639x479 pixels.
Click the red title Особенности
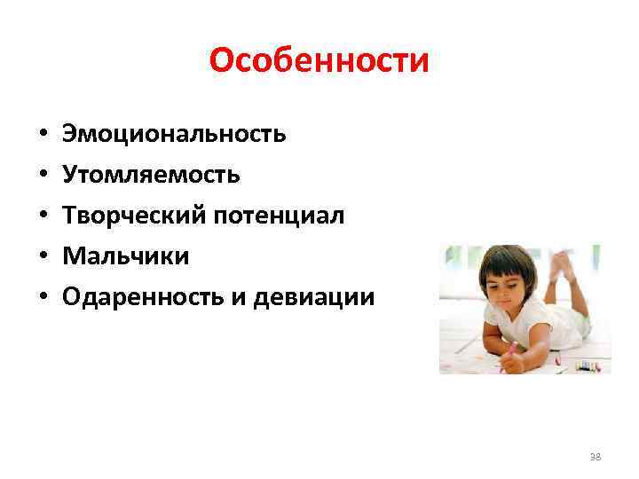(x=319, y=60)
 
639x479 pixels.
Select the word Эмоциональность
(x=173, y=134)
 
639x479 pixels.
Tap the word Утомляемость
(x=151, y=175)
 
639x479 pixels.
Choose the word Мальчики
(x=125, y=256)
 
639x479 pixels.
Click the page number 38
(x=595, y=456)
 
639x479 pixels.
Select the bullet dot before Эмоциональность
(x=42, y=136)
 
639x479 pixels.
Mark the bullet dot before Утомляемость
(x=42, y=177)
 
